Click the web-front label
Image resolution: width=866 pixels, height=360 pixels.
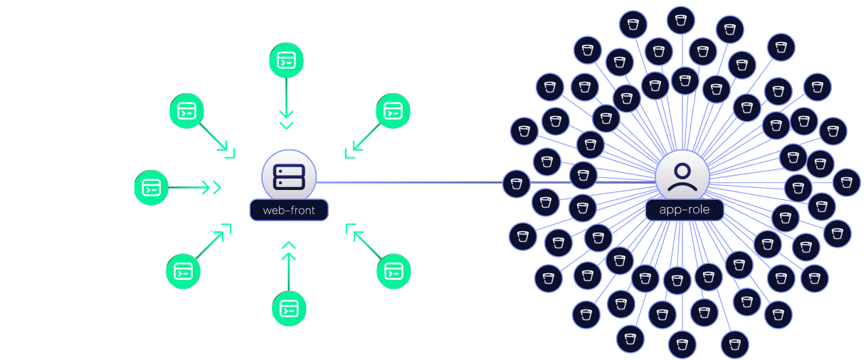(x=289, y=210)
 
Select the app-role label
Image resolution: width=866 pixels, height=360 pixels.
(x=685, y=210)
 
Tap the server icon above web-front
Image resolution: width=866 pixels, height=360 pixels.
(x=289, y=177)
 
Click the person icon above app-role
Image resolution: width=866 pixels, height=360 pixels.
(x=682, y=177)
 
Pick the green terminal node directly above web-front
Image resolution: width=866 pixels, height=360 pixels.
(x=286, y=60)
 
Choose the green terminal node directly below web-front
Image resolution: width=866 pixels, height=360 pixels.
(x=289, y=309)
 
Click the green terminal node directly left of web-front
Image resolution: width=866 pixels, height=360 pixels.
(x=151, y=188)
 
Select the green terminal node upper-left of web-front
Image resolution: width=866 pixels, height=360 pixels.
(x=186, y=111)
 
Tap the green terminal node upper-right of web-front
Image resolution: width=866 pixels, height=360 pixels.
(x=393, y=111)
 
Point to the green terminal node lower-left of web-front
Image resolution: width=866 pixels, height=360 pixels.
(x=183, y=271)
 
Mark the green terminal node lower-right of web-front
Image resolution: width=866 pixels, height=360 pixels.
(x=394, y=271)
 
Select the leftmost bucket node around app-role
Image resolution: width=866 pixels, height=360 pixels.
(x=516, y=184)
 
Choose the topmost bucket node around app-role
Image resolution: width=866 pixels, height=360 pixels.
(x=681, y=20)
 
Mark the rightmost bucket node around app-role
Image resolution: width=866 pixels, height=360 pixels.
(x=847, y=182)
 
